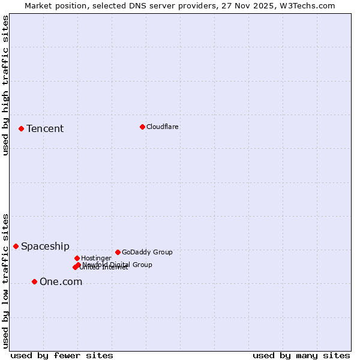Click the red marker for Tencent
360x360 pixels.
click(x=21, y=128)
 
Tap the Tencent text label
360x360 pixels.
click(x=45, y=129)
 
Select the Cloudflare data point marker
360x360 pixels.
click(x=142, y=127)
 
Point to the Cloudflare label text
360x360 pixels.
click(x=162, y=127)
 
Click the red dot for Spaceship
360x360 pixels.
click(x=16, y=246)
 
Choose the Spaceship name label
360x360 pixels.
click(x=45, y=247)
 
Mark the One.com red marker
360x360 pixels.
click(x=34, y=281)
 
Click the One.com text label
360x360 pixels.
click(x=61, y=282)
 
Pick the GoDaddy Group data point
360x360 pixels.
click(x=118, y=252)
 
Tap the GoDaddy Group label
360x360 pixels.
click(x=147, y=253)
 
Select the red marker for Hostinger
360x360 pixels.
click(x=77, y=258)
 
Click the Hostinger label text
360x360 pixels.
click(x=96, y=259)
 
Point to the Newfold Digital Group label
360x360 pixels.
click(x=118, y=265)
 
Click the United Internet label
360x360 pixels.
click(x=104, y=268)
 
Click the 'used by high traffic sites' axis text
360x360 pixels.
click(x=6, y=85)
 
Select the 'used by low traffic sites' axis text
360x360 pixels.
click(x=6, y=280)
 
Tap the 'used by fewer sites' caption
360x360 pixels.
click(x=62, y=355)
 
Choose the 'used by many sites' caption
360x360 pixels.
click(x=301, y=355)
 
